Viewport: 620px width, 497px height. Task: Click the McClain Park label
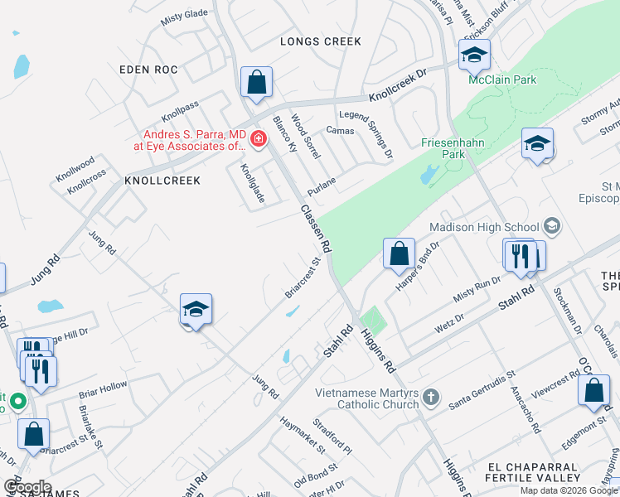click(502, 80)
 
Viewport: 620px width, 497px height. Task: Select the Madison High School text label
click(484, 227)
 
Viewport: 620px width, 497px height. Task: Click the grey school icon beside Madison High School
click(551, 226)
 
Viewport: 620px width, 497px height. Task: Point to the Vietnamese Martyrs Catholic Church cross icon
click(430, 398)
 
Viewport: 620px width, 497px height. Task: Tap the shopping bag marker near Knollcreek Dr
click(257, 83)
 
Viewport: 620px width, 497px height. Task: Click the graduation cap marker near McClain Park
click(474, 55)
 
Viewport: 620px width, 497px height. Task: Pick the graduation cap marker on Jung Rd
click(196, 310)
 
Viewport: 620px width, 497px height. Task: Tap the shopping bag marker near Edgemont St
click(593, 391)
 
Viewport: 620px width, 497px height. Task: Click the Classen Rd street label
click(316, 229)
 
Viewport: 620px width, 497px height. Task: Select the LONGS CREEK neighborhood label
click(321, 41)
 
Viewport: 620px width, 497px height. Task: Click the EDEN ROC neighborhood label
click(148, 70)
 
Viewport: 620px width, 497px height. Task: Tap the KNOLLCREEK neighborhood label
click(162, 180)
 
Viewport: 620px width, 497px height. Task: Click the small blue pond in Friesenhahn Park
click(429, 175)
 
